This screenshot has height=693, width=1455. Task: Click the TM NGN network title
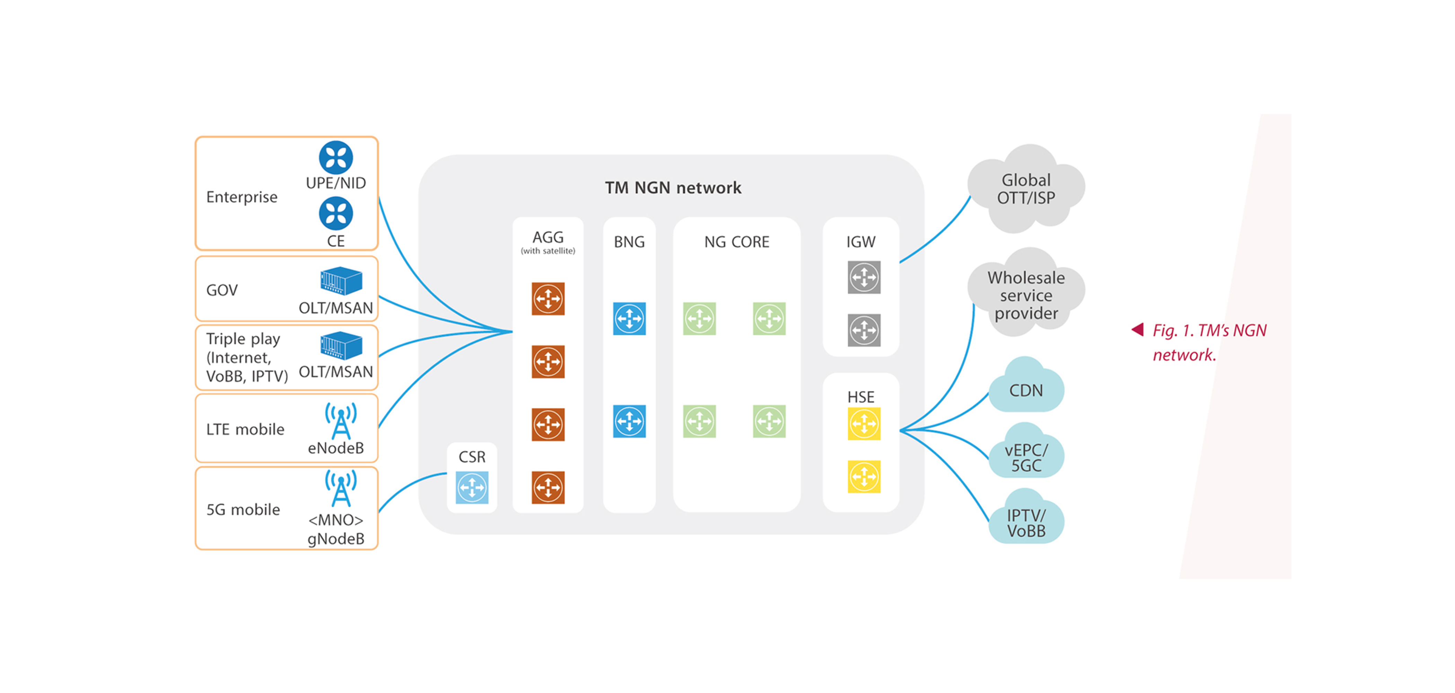[x=673, y=187]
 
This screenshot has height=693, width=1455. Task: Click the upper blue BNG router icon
[x=629, y=318]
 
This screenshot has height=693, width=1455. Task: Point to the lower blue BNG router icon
[x=629, y=421]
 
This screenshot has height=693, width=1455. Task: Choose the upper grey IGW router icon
[x=864, y=277]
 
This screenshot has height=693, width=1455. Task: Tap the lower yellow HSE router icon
[x=864, y=477]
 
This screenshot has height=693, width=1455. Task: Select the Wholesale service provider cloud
[x=1026, y=295]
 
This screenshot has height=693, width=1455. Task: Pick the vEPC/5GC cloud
[x=1026, y=456]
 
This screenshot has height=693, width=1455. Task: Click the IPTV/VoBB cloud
[x=1026, y=523]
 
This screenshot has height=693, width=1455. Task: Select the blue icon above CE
[x=336, y=213]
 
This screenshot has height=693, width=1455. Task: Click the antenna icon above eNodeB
[x=341, y=421]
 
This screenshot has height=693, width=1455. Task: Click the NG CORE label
[x=737, y=242]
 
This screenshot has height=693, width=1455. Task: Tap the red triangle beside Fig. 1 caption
[x=1138, y=329]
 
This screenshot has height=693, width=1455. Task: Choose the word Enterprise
[x=242, y=197]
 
